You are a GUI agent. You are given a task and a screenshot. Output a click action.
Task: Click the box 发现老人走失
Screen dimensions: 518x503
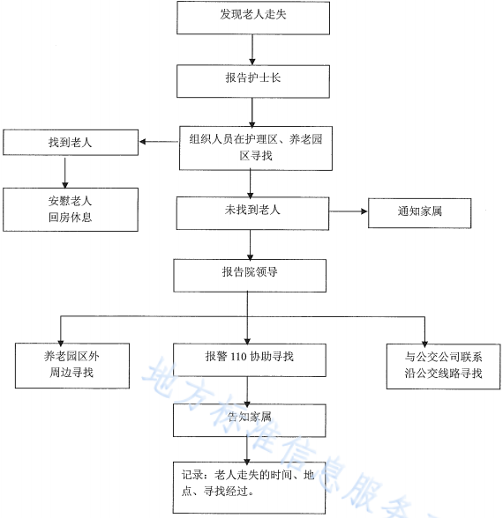252,17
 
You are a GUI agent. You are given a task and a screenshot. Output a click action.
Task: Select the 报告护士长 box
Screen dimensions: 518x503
252,78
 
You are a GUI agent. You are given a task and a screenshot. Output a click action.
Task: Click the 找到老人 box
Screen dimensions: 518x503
71,141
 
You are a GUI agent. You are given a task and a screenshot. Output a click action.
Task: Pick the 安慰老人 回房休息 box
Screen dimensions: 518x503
70,209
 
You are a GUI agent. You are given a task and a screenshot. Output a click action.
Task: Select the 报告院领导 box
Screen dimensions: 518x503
251,274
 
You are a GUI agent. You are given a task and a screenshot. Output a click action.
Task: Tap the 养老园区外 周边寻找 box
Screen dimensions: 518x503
74,365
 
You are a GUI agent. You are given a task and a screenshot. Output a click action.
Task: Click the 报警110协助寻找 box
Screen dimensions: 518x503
249,358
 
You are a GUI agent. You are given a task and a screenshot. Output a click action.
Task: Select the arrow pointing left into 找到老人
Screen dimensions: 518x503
159,141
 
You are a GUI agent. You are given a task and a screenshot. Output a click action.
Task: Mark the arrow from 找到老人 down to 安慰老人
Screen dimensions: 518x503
71,173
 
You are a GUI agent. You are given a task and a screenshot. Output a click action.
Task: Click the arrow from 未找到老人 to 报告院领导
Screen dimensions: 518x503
251,243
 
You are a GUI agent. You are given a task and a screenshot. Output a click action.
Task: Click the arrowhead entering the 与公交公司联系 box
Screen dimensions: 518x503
424,339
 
